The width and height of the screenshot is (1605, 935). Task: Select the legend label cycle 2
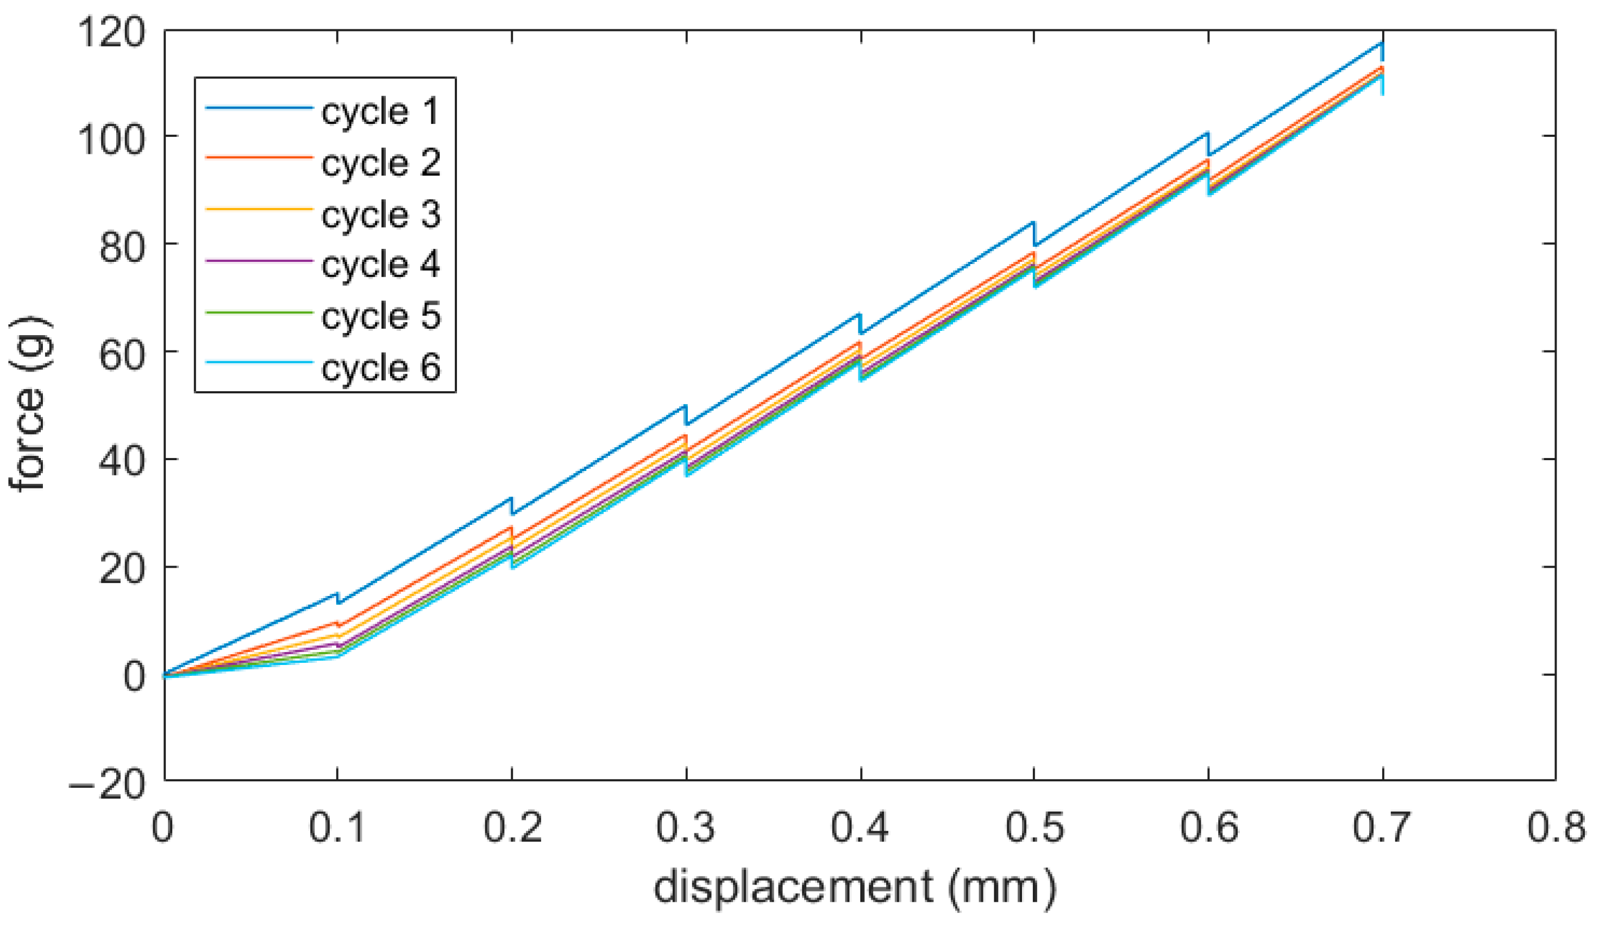pos(380,164)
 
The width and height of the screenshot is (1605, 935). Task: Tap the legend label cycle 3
pos(380,215)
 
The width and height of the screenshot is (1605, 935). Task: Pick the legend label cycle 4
pos(380,265)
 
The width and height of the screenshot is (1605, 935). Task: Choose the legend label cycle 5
pos(380,317)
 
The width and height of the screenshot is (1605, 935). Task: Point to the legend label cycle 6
pos(380,368)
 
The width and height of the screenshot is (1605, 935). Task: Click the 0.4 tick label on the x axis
pos(860,828)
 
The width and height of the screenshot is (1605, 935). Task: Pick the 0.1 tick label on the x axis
pos(337,828)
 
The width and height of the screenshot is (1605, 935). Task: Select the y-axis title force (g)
pos(29,404)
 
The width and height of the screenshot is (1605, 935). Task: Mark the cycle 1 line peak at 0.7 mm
pos(1382,43)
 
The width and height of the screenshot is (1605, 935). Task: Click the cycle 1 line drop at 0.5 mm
pos(1034,234)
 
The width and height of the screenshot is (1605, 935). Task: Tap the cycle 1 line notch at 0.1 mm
pos(337,598)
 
